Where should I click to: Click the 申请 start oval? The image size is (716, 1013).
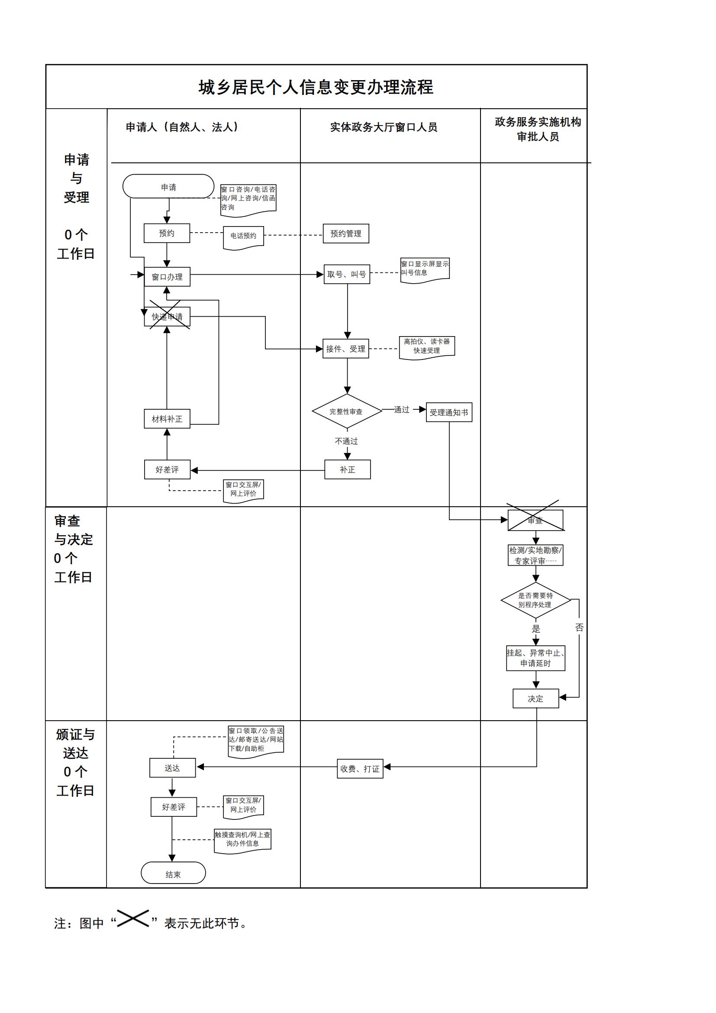[168, 187]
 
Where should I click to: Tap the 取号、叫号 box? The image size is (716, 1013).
[347, 274]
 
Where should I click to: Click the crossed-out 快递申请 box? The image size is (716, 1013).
[167, 317]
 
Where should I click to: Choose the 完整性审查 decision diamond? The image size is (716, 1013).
[347, 411]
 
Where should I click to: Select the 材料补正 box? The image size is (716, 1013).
[167, 419]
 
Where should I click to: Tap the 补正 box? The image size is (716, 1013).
[348, 469]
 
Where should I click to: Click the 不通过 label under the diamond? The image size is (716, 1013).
[347, 441]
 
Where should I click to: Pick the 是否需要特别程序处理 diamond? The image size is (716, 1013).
[535, 600]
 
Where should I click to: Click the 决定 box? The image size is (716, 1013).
[535, 699]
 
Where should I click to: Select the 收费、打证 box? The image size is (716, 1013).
[360, 769]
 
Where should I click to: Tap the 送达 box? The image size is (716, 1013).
[172, 768]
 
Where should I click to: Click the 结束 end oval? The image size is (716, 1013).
[173, 874]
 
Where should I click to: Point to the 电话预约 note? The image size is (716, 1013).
[243, 236]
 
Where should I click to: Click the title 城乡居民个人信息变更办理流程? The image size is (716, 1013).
[316, 87]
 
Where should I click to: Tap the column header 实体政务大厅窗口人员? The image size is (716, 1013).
[384, 127]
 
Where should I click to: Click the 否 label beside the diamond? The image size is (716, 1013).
[579, 628]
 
